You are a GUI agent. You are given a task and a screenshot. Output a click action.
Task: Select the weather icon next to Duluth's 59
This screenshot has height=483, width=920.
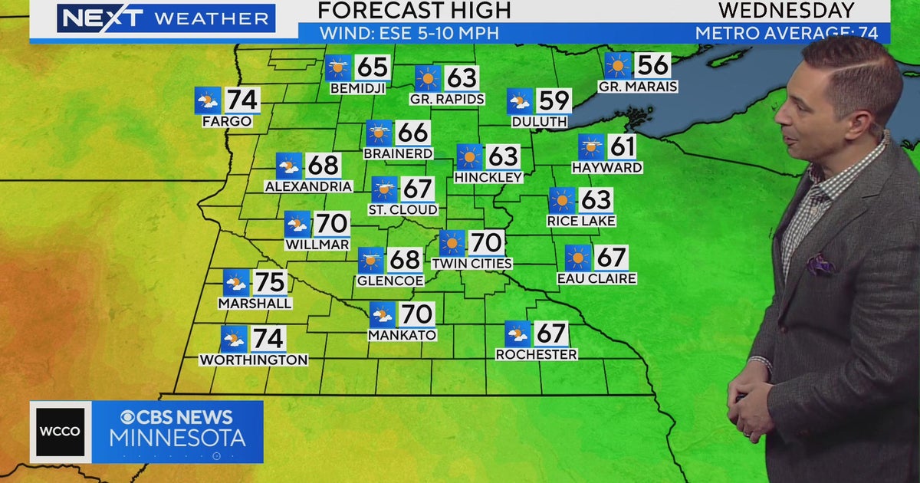pos(519,101)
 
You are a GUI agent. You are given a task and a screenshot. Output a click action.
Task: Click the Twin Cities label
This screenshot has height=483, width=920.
pos(472,263)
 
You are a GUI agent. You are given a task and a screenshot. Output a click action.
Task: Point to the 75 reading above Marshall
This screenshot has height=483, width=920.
pos(269,282)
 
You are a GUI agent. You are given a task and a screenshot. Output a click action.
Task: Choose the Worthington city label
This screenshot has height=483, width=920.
pos(254,360)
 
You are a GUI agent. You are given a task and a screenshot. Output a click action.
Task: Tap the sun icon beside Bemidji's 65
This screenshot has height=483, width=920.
pos(337,67)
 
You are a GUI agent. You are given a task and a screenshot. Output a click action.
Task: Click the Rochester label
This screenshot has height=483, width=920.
pos(536,354)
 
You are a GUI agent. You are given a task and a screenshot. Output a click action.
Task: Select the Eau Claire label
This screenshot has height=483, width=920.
pos(596,278)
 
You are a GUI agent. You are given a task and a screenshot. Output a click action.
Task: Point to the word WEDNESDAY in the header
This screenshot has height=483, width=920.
pos(786,10)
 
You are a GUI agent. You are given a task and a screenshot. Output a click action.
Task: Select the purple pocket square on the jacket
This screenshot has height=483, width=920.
pos(820,264)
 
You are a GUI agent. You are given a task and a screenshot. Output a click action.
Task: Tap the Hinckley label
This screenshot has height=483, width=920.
pos(488,177)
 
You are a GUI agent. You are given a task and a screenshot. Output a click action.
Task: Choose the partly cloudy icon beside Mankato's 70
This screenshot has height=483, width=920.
pos(382,314)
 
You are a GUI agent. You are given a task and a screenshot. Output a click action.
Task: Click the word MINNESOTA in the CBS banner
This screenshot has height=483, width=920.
pos(177,439)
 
